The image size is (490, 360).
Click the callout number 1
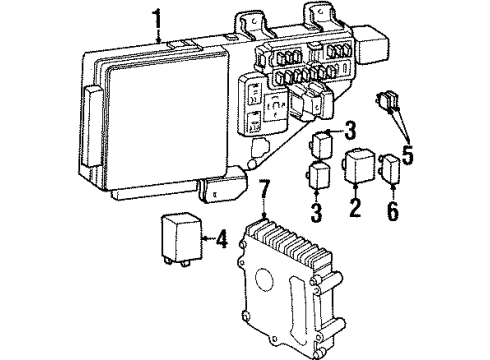coord(156,17)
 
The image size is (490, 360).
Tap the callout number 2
coord(353,208)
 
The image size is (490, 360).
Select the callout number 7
coord(264,189)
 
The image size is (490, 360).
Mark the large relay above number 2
coord(361,167)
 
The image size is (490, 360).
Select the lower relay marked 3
coord(321,177)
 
